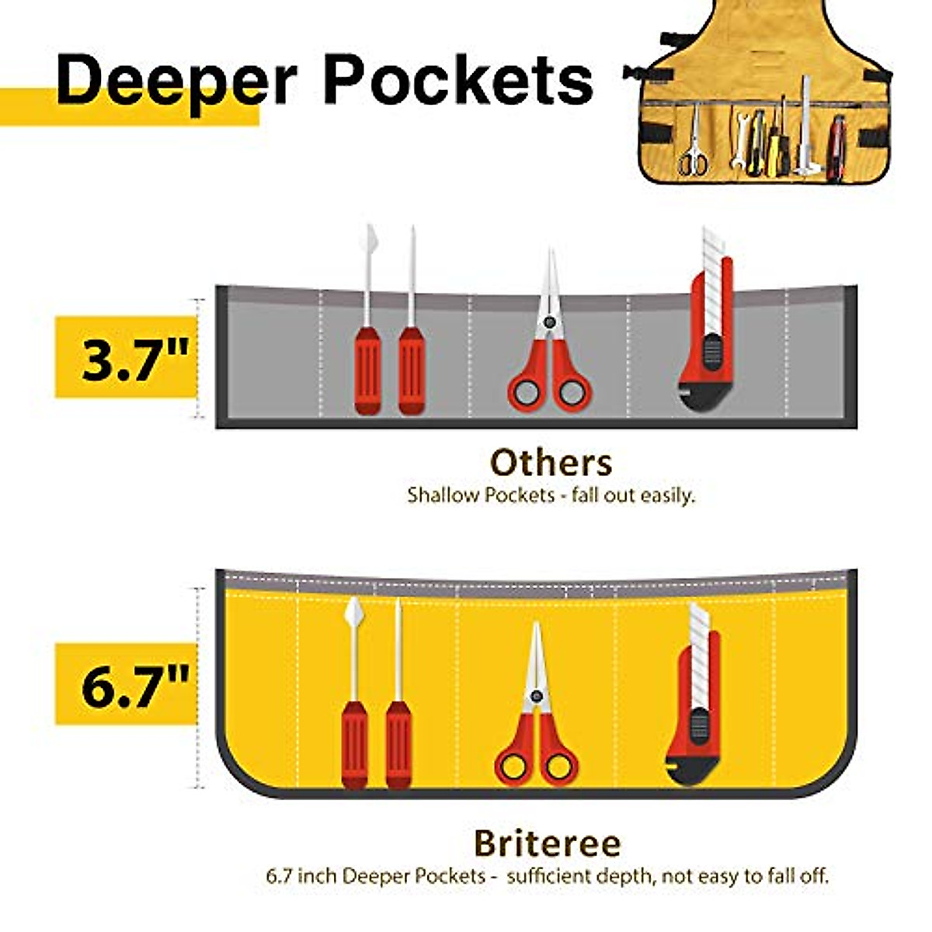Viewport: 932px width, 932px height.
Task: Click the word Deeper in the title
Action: (x=177, y=81)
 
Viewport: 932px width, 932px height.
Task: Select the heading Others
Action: (x=551, y=463)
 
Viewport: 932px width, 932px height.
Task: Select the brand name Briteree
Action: (x=547, y=843)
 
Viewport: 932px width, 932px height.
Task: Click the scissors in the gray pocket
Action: (x=550, y=349)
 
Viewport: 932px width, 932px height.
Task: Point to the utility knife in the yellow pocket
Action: (x=695, y=699)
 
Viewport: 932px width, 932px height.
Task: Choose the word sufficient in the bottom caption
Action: (x=555, y=876)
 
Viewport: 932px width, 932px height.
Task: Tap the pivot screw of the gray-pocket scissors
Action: (x=550, y=321)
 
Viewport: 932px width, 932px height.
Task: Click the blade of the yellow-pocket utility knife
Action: (x=699, y=629)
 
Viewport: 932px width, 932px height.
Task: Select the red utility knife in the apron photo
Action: (x=836, y=148)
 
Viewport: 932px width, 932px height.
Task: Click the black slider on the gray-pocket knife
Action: (x=711, y=349)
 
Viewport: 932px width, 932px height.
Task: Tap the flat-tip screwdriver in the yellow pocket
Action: (x=354, y=699)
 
